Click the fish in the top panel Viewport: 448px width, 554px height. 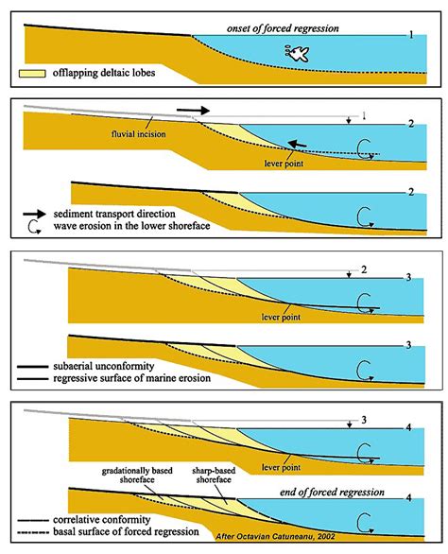[x=297, y=54]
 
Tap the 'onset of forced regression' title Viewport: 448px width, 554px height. [x=283, y=28]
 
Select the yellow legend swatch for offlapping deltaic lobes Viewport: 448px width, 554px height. [x=32, y=74]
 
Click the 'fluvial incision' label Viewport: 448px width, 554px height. [x=139, y=134]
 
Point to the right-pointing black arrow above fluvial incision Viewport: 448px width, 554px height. [x=193, y=111]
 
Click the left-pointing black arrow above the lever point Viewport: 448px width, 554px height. [x=297, y=144]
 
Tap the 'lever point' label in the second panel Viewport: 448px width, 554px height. [x=284, y=164]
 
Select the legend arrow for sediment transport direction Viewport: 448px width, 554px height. [x=35, y=214]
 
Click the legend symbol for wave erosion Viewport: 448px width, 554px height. [x=34, y=227]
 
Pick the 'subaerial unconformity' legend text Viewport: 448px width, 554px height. [x=104, y=366]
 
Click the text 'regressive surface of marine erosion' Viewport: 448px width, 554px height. [x=131, y=378]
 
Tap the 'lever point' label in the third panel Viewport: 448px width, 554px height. [x=281, y=317]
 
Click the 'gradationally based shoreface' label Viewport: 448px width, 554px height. [x=137, y=476]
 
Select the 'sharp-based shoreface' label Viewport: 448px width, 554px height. [x=214, y=476]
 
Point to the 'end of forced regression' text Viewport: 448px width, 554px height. [x=332, y=493]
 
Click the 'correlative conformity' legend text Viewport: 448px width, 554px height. [x=102, y=520]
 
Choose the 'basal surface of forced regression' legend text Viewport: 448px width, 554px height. [x=126, y=531]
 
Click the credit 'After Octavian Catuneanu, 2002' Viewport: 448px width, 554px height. [x=276, y=536]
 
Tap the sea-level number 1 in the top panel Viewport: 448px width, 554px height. [x=411, y=35]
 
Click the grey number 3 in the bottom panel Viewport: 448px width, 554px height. [x=364, y=420]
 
